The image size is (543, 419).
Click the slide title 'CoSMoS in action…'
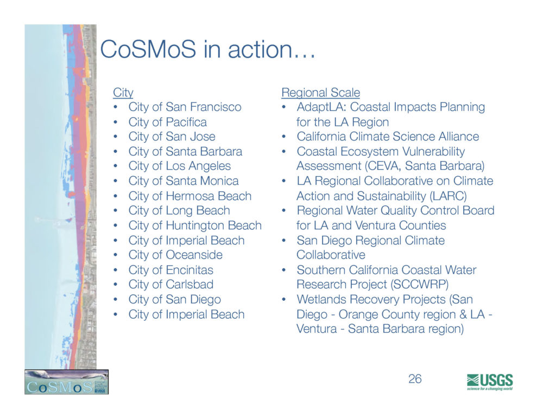tap(208, 49)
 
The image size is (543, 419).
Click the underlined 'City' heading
tap(123, 93)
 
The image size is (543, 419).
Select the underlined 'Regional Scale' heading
tap(321, 93)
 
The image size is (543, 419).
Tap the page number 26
tap(415, 379)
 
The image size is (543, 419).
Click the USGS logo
tap(490, 382)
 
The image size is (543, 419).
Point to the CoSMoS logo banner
tap(66, 382)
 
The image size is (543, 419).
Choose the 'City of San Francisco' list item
tap(185, 107)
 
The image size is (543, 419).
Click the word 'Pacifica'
tap(186, 122)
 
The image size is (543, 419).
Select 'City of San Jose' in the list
tap(172, 137)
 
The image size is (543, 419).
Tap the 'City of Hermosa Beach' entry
tap(190, 196)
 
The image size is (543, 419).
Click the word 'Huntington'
tap(195, 225)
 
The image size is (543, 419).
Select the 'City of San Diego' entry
tap(174, 300)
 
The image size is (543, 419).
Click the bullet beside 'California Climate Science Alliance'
tap(284, 137)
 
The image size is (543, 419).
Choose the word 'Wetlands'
tap(319, 299)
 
